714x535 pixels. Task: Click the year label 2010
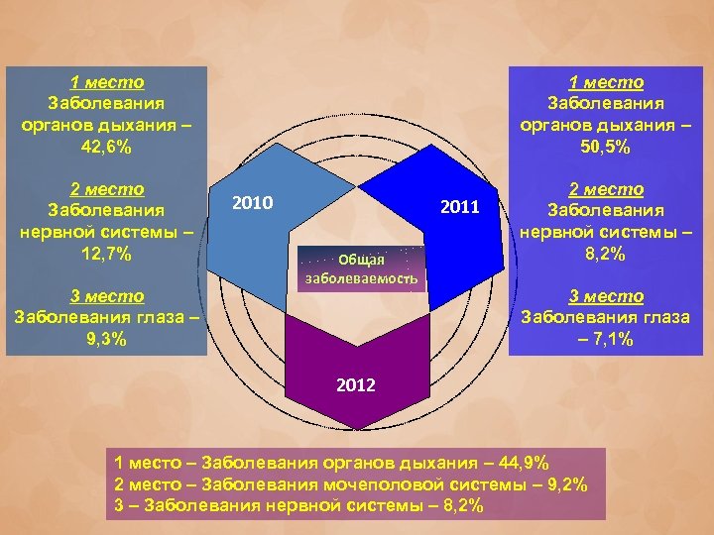[252, 203]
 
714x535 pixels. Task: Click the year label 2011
[459, 207]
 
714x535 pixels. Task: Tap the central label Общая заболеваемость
[361, 268]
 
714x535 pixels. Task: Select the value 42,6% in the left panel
[106, 146]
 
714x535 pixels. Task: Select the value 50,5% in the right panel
[606, 146]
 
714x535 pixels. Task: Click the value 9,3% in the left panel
[106, 338]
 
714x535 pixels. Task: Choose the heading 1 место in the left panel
[106, 82]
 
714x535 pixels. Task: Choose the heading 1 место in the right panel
[606, 82]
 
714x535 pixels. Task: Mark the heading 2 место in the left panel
[106, 188]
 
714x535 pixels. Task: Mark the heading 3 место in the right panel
[606, 295]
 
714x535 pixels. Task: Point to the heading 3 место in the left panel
[106, 295]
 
